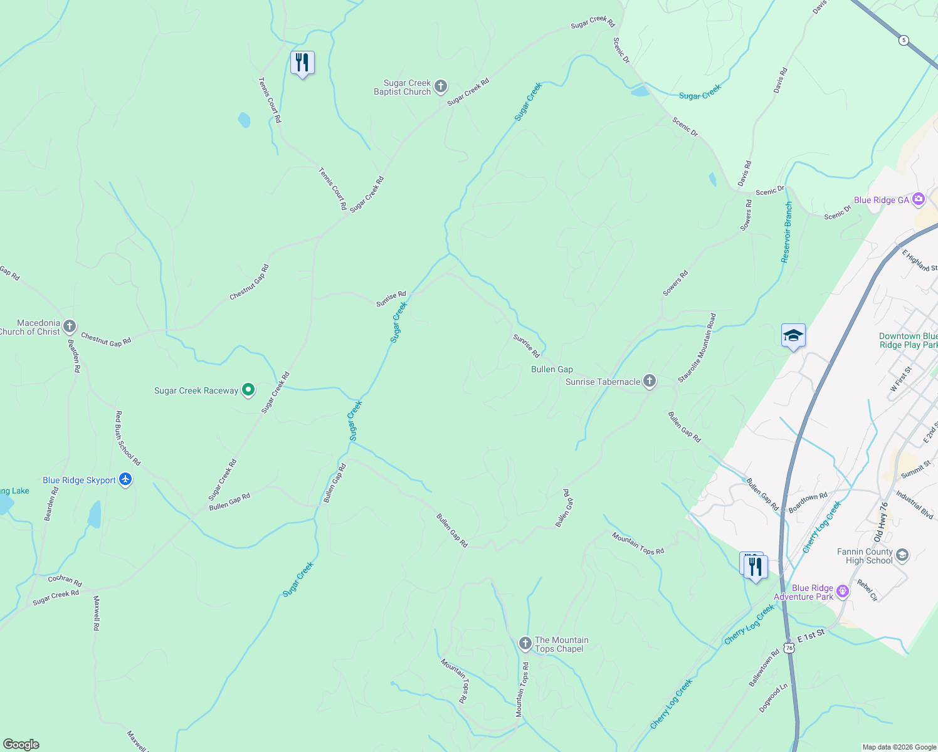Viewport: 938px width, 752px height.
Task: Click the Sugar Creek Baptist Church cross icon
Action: (x=441, y=86)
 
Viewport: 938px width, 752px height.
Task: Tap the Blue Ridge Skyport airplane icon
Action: (x=125, y=479)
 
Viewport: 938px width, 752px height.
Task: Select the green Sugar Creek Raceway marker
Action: (x=248, y=390)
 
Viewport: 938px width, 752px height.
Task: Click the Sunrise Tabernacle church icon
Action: (x=650, y=380)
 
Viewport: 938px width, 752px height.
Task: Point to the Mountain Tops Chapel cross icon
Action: (x=525, y=644)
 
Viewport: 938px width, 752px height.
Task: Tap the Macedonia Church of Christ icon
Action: (x=70, y=326)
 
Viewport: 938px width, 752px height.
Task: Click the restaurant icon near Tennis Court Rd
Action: (x=302, y=63)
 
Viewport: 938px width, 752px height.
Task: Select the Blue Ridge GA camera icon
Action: (x=919, y=199)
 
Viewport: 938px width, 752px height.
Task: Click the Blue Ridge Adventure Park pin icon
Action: (x=843, y=591)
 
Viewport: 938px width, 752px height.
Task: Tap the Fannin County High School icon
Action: (x=902, y=555)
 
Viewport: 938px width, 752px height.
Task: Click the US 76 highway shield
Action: (x=789, y=647)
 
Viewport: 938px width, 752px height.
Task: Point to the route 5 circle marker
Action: (x=903, y=40)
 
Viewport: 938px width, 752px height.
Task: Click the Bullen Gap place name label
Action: (x=552, y=369)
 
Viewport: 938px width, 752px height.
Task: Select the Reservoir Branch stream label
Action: (x=787, y=232)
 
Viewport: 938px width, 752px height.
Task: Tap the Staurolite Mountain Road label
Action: (x=697, y=348)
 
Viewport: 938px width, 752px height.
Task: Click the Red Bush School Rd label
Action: (x=128, y=438)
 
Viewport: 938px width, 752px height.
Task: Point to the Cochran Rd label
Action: (x=65, y=580)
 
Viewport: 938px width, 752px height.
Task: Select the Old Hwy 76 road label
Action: (x=881, y=521)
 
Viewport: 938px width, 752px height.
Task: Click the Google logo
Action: (x=21, y=744)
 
